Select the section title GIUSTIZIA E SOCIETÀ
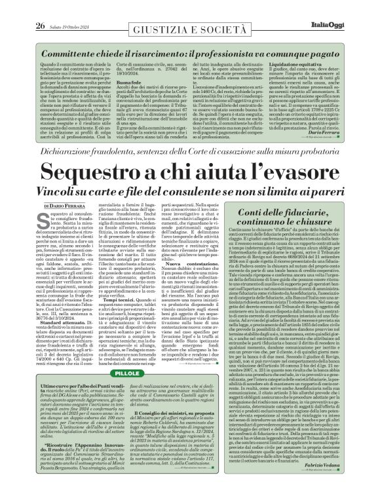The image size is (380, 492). pyautogui.click(x=190, y=29)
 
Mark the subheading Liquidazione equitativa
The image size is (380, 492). pyautogui.click(x=305, y=84)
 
